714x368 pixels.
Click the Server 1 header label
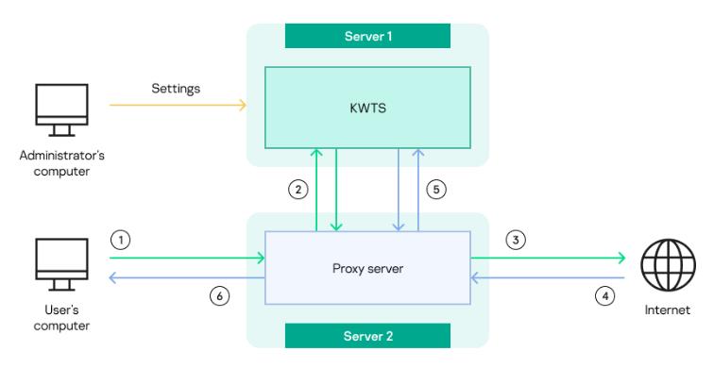click(x=366, y=35)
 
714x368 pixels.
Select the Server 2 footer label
click(x=366, y=335)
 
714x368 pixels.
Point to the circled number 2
click(x=297, y=189)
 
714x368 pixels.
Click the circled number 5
click(x=435, y=189)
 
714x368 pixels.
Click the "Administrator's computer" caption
click(x=61, y=163)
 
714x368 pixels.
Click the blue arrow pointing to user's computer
click(x=184, y=277)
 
